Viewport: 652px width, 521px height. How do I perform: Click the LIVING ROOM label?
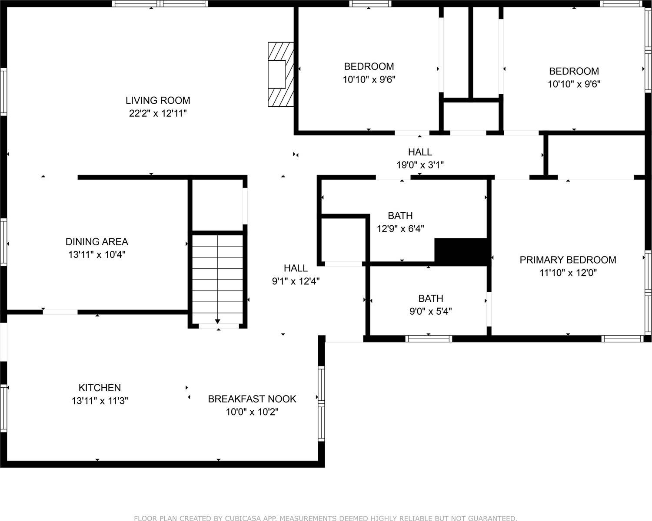(x=158, y=100)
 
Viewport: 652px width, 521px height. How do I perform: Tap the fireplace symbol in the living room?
(x=280, y=74)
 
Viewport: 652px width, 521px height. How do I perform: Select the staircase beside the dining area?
(x=217, y=278)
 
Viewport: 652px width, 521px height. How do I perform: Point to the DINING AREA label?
(x=96, y=241)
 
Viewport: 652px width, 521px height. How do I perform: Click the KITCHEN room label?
(x=100, y=388)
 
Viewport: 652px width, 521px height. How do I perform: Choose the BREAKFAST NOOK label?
(x=252, y=399)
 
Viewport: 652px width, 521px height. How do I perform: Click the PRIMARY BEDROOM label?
(x=568, y=260)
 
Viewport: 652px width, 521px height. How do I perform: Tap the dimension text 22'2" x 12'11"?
(x=158, y=113)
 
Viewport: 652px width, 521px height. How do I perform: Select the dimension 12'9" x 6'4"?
(x=400, y=228)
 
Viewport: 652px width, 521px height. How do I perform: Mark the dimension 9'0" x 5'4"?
(x=430, y=311)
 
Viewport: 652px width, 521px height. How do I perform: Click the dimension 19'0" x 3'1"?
(x=420, y=165)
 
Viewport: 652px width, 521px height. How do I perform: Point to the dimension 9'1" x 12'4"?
(x=296, y=281)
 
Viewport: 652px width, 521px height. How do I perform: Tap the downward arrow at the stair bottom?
(x=217, y=321)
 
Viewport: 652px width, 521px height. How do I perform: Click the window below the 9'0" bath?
(x=429, y=339)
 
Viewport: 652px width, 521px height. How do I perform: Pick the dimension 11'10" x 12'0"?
(x=568, y=273)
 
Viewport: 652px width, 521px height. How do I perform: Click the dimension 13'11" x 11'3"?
(x=100, y=401)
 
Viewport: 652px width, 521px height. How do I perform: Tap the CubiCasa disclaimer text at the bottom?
(x=326, y=518)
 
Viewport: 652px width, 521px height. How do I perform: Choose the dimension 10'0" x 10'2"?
(x=252, y=412)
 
